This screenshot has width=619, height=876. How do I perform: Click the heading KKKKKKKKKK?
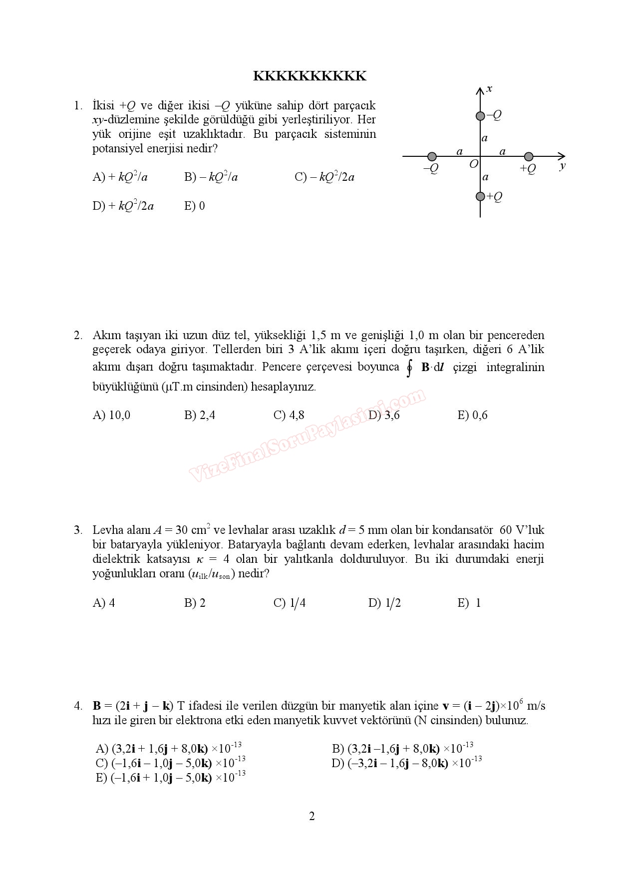point(309,76)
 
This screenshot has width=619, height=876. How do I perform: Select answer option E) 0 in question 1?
point(194,206)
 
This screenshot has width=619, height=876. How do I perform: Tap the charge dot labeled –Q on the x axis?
point(480,116)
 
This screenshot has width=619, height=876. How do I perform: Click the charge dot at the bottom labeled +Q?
point(480,196)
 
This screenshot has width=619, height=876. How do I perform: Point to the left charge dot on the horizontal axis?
point(432,157)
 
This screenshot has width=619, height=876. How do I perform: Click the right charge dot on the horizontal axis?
point(529,157)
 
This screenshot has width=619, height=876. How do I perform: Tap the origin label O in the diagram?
point(473,164)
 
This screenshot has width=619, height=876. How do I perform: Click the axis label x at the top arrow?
point(489,89)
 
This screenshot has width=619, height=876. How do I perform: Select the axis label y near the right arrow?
point(563,166)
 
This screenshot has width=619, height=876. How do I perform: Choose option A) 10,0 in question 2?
point(111,415)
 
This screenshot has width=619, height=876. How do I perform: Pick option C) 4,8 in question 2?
point(289,415)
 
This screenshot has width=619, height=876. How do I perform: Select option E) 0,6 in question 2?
point(472,415)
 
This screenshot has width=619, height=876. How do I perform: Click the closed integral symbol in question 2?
point(410,369)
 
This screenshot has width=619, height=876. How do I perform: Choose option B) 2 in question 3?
point(195,603)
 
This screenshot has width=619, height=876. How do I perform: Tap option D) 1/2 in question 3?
point(384,603)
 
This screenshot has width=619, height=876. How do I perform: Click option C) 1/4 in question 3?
point(289,603)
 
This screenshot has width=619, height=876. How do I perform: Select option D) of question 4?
point(406,763)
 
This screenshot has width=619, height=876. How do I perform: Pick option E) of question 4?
point(170,777)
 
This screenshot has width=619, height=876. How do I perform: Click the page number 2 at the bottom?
point(312,816)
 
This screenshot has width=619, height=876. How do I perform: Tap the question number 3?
point(78,530)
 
